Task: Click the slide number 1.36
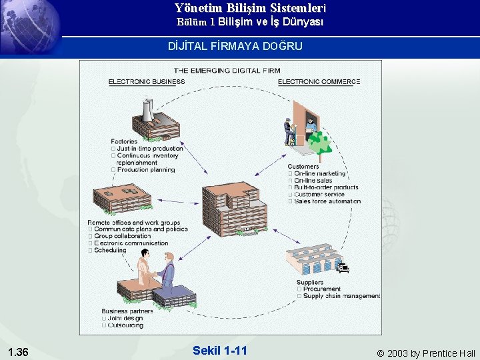coord(17,352)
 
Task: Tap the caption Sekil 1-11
coord(219,351)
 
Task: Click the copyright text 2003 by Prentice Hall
coord(426,353)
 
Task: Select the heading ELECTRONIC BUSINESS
coord(147,82)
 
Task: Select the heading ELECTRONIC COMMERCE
coord(319,82)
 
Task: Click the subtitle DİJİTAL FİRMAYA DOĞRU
coord(235,46)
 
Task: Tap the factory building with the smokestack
coord(155,120)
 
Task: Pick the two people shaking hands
coord(157,273)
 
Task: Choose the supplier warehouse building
coord(313,260)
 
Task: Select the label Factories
coord(125,141)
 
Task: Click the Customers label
coord(303,166)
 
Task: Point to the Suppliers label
coord(310,283)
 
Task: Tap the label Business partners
coord(127,311)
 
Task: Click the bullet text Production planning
coord(146,170)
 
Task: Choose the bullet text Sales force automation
coord(327,201)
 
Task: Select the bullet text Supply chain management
coord(341,296)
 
